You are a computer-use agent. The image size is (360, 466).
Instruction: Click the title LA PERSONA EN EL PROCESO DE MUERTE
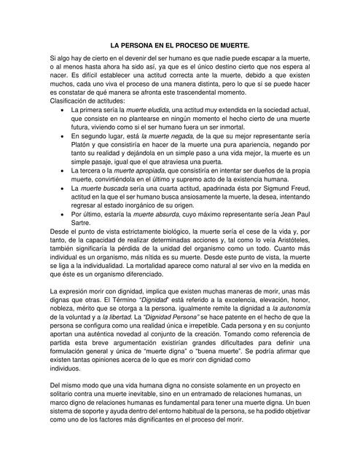click(x=180, y=44)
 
